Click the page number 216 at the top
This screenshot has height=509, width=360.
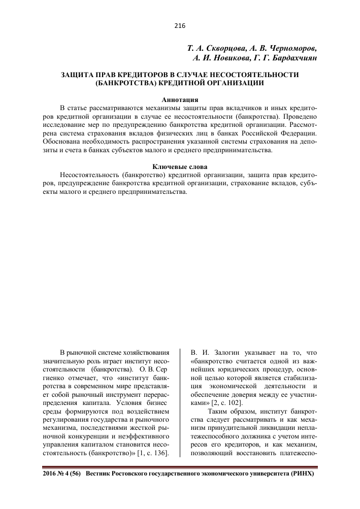(180, 26)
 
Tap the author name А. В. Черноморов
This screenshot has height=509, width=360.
(284, 49)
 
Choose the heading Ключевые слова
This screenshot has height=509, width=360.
(180, 166)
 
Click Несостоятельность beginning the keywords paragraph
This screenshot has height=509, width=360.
(89, 175)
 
